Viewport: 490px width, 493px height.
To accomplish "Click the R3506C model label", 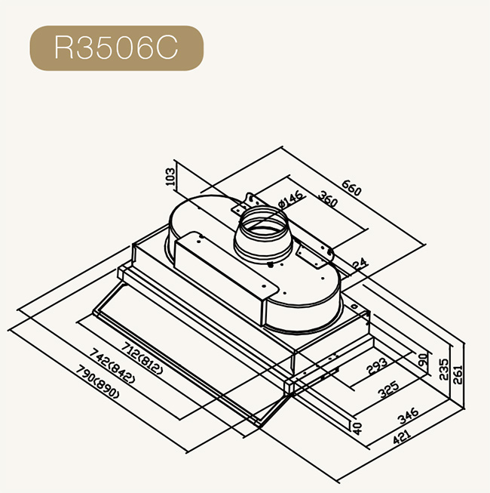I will [116, 48].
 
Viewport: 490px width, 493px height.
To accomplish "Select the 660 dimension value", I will [352, 188].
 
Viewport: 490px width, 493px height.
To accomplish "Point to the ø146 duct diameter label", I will [290, 200].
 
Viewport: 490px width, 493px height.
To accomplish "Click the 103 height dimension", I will [170, 177].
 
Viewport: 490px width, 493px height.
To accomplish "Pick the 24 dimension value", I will [360, 263].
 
